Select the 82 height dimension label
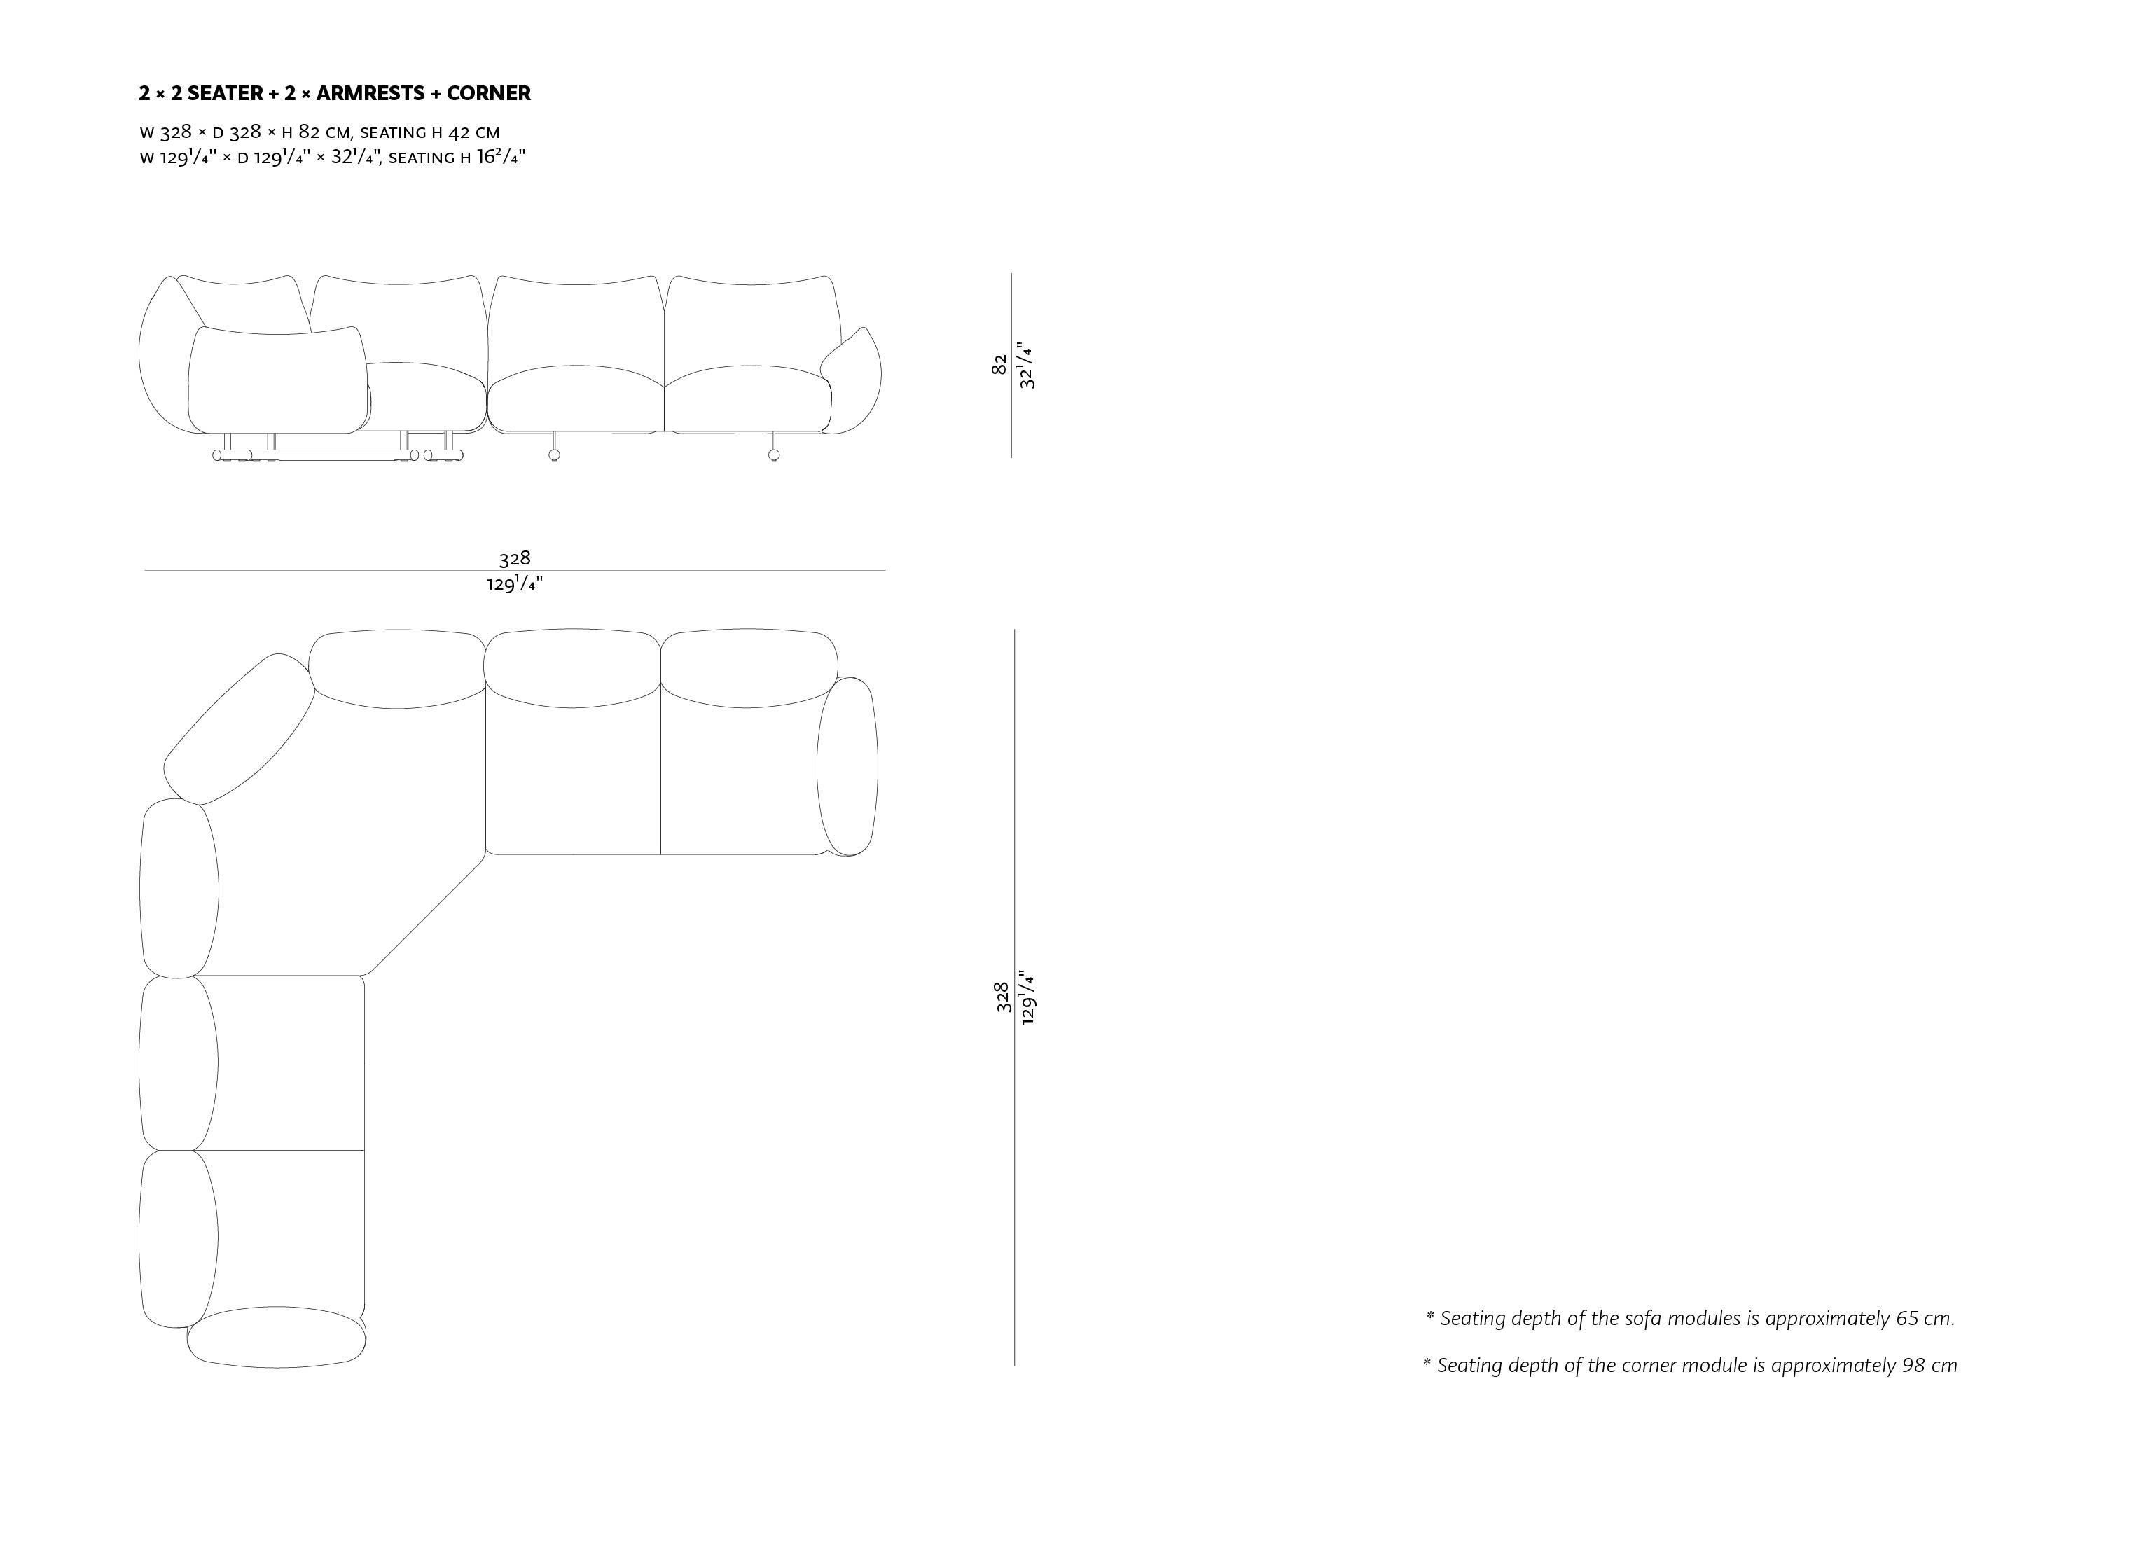click(x=998, y=365)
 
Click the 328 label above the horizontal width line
click(x=514, y=558)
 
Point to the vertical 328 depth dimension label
click(x=1002, y=997)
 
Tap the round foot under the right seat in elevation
click(x=774, y=455)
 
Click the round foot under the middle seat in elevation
click(x=554, y=455)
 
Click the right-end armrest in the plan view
click(x=847, y=765)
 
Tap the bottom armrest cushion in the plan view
click(x=277, y=1336)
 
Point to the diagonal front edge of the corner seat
click(x=427, y=914)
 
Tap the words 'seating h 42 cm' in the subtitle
click(x=430, y=132)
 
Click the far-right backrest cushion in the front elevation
click(x=752, y=322)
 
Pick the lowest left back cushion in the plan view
click(x=178, y=1236)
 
